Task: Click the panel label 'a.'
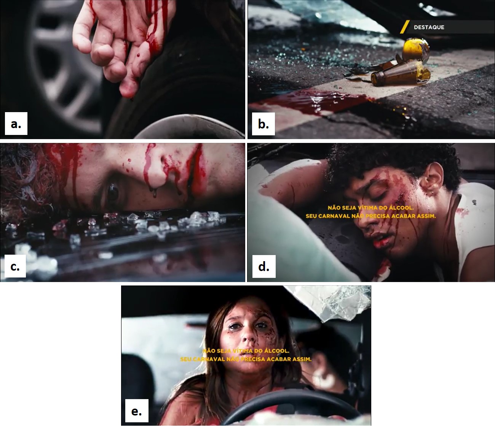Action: point(16,124)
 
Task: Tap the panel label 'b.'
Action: point(263,124)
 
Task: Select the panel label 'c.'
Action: point(15,266)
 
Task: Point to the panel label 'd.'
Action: point(264,266)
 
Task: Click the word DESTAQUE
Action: point(429,27)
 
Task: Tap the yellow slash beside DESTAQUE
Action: point(405,27)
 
